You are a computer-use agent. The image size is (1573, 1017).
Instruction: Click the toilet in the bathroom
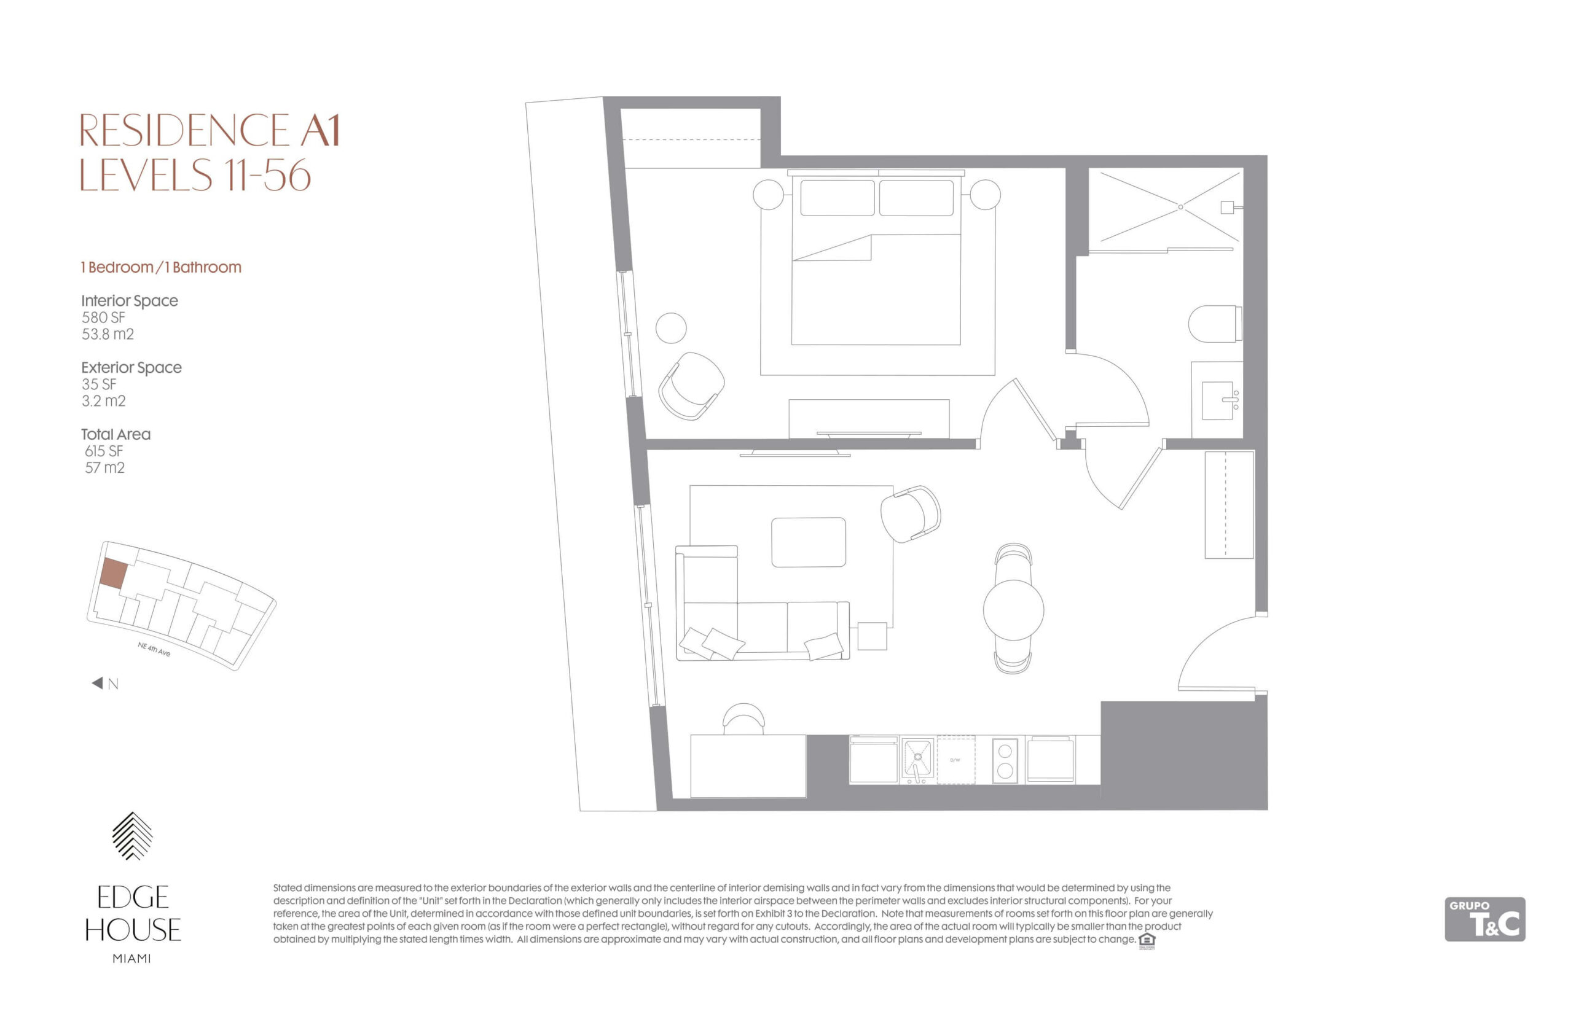[x=1214, y=324]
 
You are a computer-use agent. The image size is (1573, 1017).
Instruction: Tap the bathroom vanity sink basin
[x=1217, y=400]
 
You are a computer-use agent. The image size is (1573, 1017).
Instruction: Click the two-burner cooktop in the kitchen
[x=1005, y=760]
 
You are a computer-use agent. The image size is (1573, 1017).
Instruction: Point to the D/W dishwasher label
[x=955, y=760]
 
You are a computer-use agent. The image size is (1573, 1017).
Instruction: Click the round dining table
[x=1013, y=610]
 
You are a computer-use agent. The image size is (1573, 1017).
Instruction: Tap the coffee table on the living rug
[x=808, y=542]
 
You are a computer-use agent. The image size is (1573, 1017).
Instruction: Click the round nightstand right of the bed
[x=984, y=195]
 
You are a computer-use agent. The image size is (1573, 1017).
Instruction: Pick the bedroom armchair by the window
[x=691, y=386]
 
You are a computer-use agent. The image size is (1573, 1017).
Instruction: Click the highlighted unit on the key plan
[x=113, y=573]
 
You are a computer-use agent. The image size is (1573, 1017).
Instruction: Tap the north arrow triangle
[x=97, y=683]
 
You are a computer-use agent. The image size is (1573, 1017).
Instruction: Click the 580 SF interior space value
[x=103, y=318]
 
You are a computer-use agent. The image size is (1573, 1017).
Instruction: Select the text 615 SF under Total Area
[x=104, y=451]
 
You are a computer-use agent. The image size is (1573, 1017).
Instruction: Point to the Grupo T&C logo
[x=1485, y=919]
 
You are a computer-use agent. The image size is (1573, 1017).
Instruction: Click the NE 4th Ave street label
[x=154, y=649]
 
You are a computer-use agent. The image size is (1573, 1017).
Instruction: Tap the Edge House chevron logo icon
[x=132, y=836]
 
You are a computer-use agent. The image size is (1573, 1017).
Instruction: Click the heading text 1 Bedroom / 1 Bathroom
[x=161, y=268]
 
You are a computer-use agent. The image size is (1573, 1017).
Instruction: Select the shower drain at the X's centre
[x=1180, y=208]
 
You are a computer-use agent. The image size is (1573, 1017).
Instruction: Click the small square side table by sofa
[x=872, y=636]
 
